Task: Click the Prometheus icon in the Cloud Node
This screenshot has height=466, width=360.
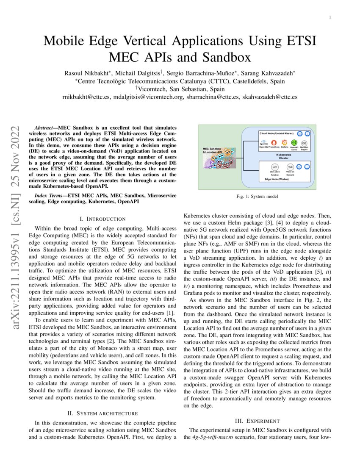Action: [x=273, y=143]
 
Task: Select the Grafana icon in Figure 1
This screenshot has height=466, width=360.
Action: [x=285, y=143]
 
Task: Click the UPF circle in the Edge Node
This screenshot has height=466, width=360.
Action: [x=274, y=167]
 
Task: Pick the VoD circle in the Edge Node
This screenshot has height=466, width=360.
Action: [x=290, y=167]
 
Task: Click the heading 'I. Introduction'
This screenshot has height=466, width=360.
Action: [x=102, y=219]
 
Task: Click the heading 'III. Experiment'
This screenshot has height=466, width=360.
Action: [x=257, y=421]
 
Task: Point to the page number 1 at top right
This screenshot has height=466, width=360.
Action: [x=330, y=17]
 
